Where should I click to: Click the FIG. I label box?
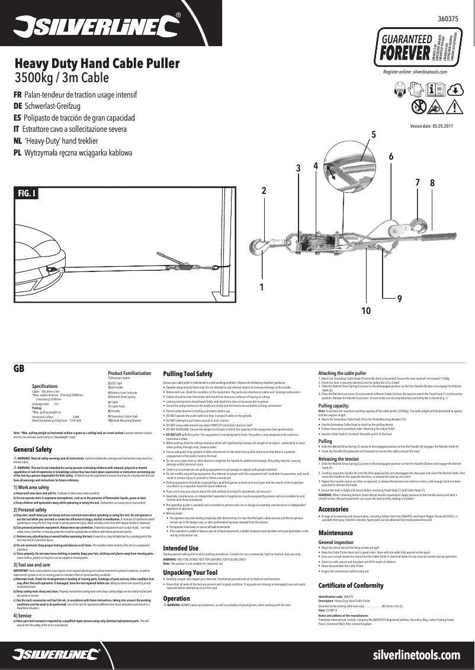[27, 193]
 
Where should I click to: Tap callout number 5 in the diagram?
[373, 135]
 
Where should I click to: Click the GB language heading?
[18, 367]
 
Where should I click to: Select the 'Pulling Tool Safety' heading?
[187, 374]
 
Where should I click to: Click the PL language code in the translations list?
[17, 153]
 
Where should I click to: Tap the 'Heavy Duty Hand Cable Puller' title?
[97, 64]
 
